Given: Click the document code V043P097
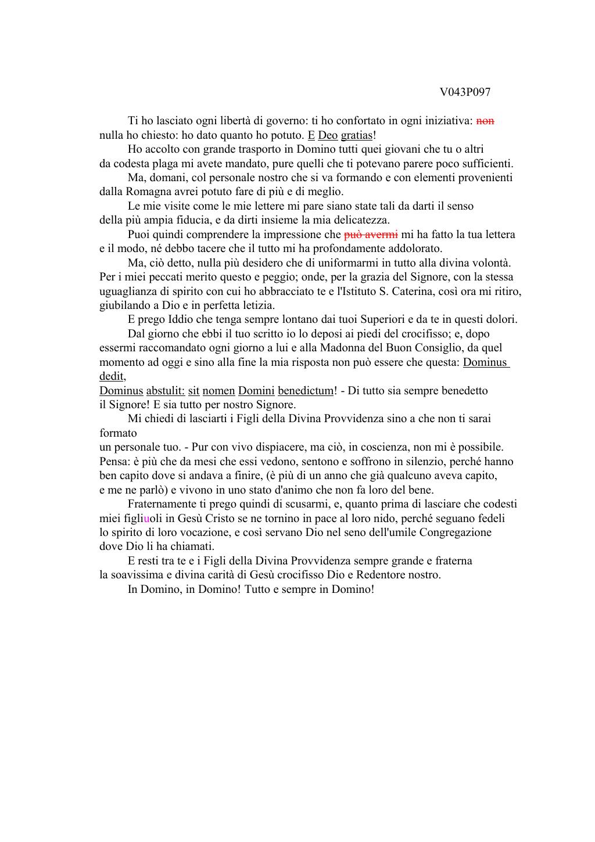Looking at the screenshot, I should (x=465, y=92).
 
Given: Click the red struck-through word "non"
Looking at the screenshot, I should (x=485, y=121).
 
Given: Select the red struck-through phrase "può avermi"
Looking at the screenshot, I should (x=371, y=235).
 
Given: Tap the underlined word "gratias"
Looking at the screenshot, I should (x=356, y=135).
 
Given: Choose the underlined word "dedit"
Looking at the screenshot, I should (x=112, y=376).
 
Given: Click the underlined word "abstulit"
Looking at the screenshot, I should (x=165, y=391).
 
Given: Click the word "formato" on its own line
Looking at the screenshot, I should (x=118, y=433).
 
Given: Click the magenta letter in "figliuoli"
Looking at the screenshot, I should (x=146, y=519).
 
